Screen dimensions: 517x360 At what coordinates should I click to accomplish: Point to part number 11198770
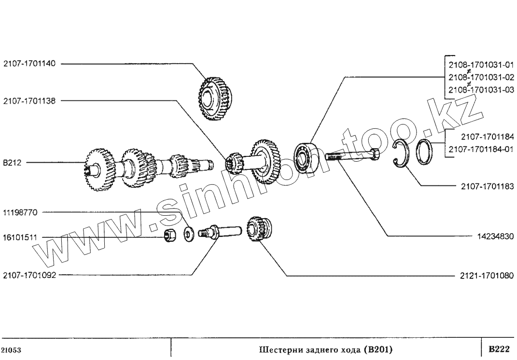pos(23,212)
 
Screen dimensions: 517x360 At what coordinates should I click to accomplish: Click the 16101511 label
pos(23,237)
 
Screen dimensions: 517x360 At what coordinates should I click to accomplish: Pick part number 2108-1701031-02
pos(481,77)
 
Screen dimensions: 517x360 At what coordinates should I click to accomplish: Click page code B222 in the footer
pos(499,348)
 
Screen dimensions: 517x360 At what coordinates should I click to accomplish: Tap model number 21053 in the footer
pos(10,349)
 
